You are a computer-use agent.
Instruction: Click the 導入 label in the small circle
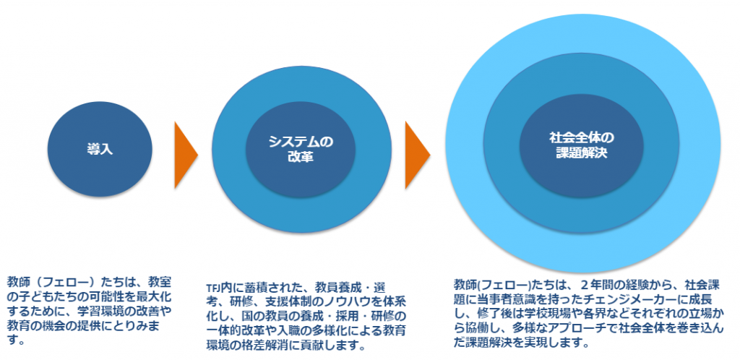[x=100, y=149]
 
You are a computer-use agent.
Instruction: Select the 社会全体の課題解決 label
[x=581, y=145]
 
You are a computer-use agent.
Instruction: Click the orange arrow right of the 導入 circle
[x=186, y=155]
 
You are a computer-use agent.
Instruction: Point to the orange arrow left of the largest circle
[x=417, y=155]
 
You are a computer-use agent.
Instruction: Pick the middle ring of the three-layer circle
[x=661, y=145]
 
